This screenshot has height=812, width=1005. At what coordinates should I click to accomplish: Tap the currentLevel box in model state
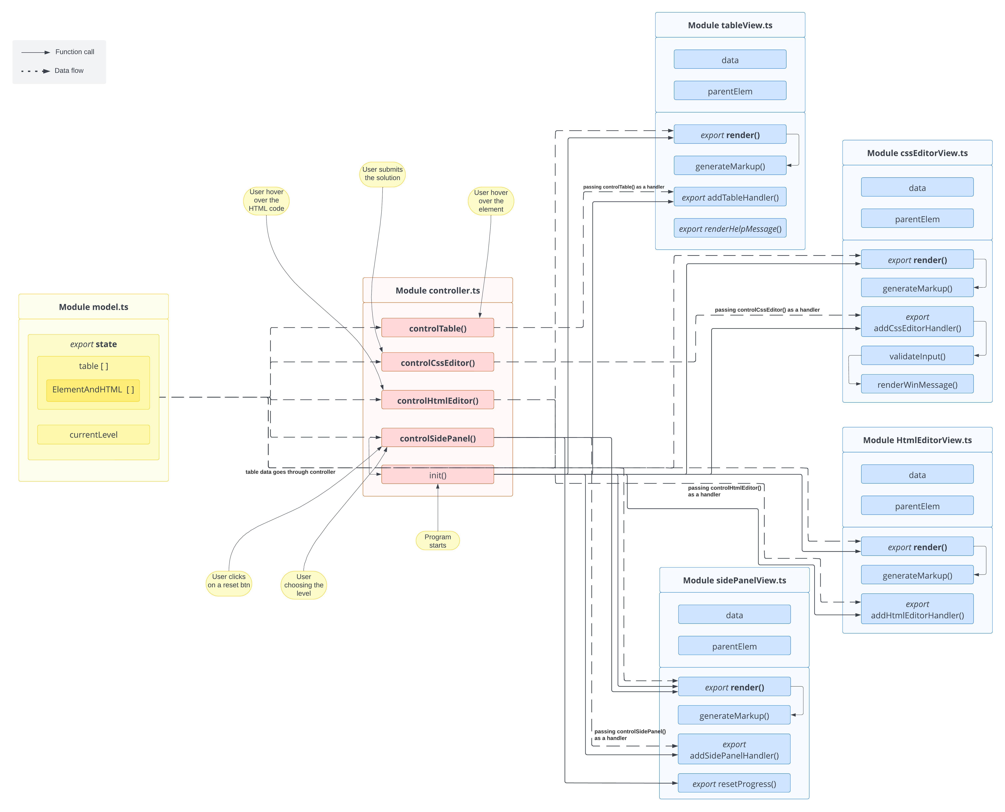[x=94, y=435]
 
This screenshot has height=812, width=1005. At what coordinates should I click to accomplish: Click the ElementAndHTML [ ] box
[x=93, y=390]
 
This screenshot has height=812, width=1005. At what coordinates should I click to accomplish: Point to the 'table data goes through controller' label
[x=290, y=472]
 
